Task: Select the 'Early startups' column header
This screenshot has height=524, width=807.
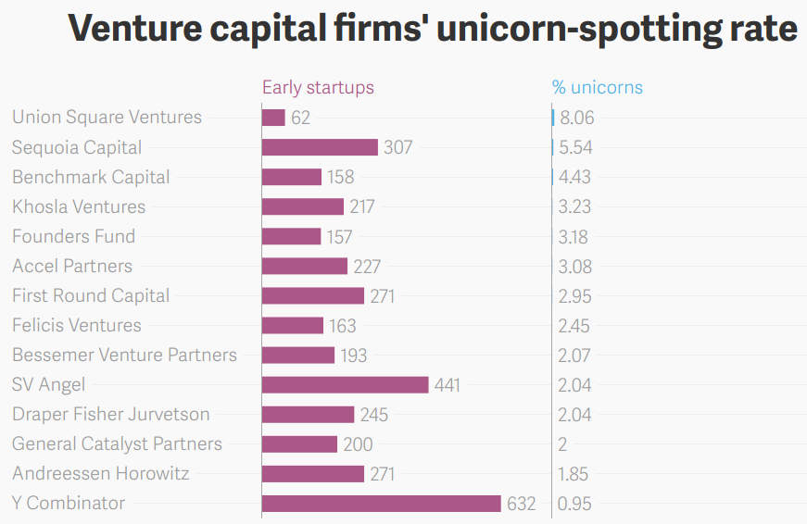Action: click(318, 88)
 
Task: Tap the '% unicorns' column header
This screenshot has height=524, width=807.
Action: click(598, 88)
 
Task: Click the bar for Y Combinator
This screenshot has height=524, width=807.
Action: click(382, 504)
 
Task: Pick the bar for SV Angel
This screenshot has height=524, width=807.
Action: click(345, 385)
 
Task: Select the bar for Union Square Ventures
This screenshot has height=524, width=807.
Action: click(274, 118)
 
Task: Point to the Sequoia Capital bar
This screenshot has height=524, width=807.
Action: click(320, 147)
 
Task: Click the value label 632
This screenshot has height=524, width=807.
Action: click(522, 504)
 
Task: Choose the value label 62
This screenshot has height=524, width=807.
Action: click(300, 118)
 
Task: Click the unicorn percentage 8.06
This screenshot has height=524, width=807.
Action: click(577, 118)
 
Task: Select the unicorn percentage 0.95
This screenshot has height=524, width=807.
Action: click(575, 504)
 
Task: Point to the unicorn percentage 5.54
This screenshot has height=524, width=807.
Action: click(575, 147)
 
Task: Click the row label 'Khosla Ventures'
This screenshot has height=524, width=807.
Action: click(79, 206)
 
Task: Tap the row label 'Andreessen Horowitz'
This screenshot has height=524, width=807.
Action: click(101, 474)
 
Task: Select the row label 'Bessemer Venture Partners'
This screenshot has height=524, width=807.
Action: click(124, 356)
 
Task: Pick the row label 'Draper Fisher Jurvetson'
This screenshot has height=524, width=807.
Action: click(111, 415)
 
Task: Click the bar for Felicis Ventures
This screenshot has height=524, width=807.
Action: click(293, 326)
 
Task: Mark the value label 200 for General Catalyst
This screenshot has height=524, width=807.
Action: click(358, 444)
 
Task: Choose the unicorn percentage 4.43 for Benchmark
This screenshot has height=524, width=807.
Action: click(575, 177)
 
